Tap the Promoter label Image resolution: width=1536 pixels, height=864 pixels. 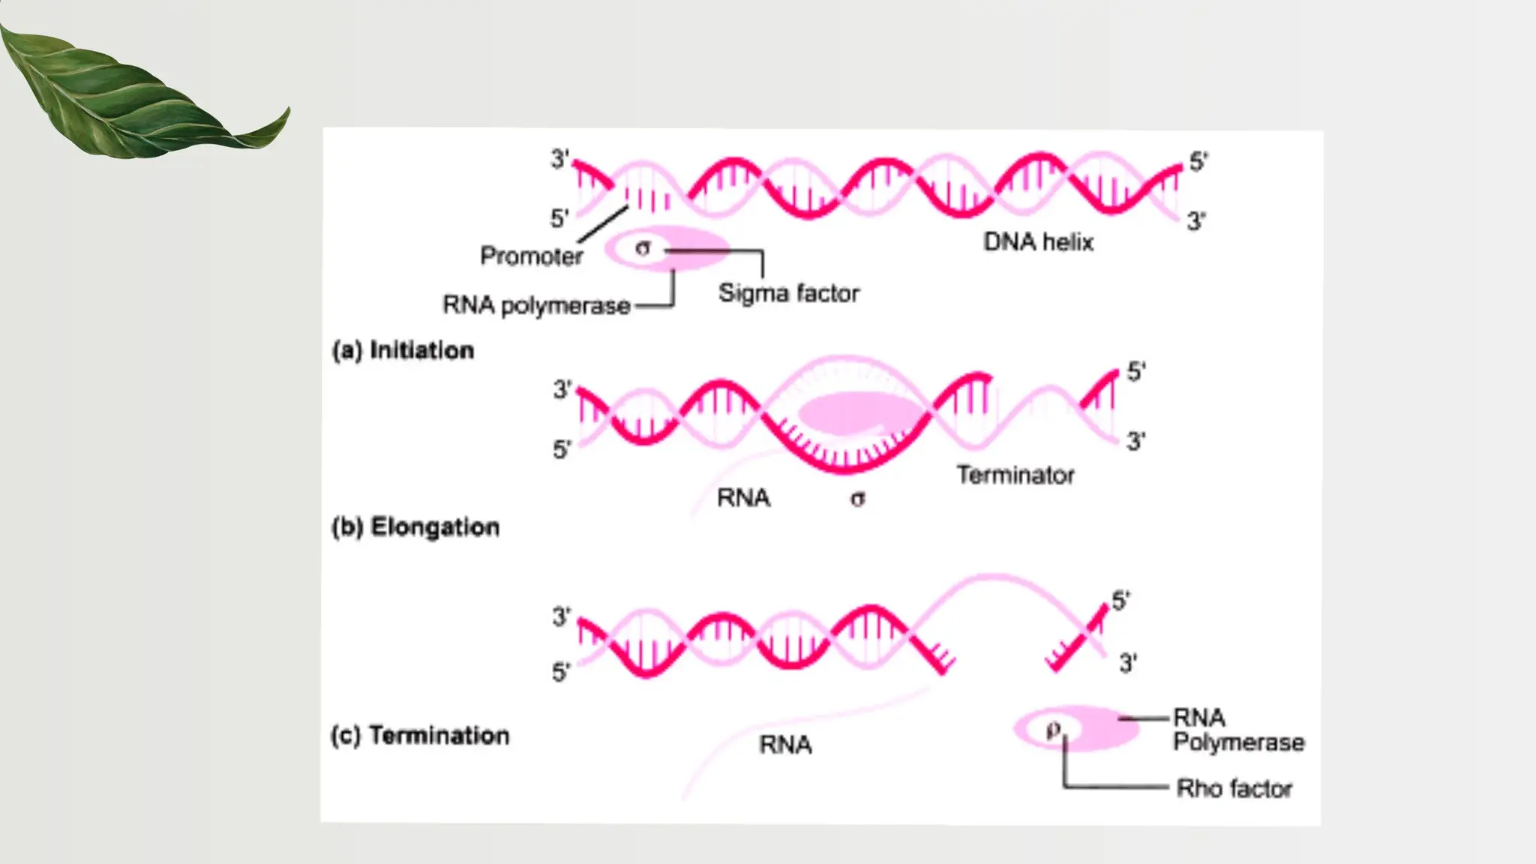[531, 256]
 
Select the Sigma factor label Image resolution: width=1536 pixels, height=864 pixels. [788, 292]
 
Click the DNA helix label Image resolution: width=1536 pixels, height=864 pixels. [1038, 241]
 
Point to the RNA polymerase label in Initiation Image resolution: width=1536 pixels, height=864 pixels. [536, 305]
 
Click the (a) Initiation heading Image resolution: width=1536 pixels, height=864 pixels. [403, 350]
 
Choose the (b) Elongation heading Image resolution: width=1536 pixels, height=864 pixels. [415, 526]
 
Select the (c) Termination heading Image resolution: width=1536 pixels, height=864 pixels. [420, 735]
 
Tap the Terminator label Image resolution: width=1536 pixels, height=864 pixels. [1015, 475]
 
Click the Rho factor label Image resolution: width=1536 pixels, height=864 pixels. [1234, 788]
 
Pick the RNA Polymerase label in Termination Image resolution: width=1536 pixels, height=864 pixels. [1237, 730]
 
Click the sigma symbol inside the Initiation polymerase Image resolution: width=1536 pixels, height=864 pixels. [643, 247]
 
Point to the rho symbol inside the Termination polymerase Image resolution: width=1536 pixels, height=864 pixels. [1054, 728]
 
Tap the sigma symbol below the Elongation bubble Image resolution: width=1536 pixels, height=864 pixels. [857, 498]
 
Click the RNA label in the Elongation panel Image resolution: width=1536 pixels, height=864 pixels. [743, 497]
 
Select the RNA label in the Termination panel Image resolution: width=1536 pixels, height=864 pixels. [785, 745]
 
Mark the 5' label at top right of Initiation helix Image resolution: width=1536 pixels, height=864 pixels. [1198, 161]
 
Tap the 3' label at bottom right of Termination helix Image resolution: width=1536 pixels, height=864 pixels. [1128, 663]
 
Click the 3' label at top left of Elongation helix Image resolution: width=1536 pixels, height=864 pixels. [562, 389]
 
